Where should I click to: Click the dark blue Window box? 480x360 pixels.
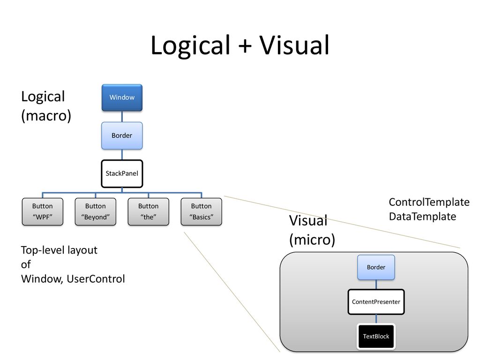tap(122, 97)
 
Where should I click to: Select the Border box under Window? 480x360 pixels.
tap(122, 135)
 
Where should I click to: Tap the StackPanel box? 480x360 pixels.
tap(122, 173)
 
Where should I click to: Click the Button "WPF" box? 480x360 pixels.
tap(43, 211)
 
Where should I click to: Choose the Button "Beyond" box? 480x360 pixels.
tap(96, 211)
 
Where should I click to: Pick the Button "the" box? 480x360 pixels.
tap(149, 211)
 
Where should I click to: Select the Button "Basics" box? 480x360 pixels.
tap(202, 211)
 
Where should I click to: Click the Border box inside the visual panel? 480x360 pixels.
tap(376, 267)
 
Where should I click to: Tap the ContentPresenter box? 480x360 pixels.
tap(376, 302)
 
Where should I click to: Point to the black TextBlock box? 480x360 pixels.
tap(376, 337)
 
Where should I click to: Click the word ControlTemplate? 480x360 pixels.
tap(429, 202)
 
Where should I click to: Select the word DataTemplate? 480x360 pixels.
tap(422, 217)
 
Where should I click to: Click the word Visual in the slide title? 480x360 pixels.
tap(294, 45)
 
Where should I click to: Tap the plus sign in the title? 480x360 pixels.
tap(245, 46)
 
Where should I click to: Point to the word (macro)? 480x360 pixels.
tap(46, 116)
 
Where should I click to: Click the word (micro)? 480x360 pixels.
tap(312, 240)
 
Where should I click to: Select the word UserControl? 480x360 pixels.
tap(96, 279)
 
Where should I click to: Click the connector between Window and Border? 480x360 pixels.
tap(122, 117)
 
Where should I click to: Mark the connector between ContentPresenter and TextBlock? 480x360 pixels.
tap(376, 319)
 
